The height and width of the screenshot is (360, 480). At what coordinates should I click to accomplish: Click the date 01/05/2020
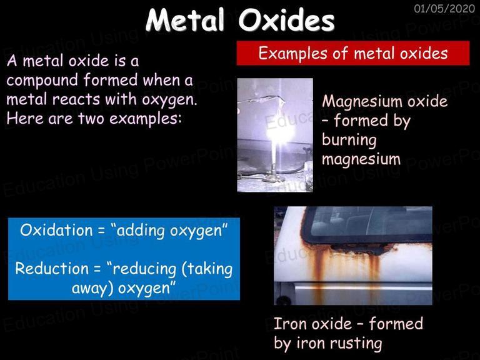coord(444,9)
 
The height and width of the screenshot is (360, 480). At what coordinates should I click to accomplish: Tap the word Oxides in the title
coord(286,20)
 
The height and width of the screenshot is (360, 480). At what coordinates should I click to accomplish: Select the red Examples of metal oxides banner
coord(353,53)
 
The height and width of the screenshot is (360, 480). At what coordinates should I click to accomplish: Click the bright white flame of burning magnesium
coord(280,132)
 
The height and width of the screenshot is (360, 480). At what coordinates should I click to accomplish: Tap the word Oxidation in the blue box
coord(56,230)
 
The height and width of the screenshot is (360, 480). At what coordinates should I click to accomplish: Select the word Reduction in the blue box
coord(52,269)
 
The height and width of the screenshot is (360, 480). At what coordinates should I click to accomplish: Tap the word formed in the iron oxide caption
coord(396,324)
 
